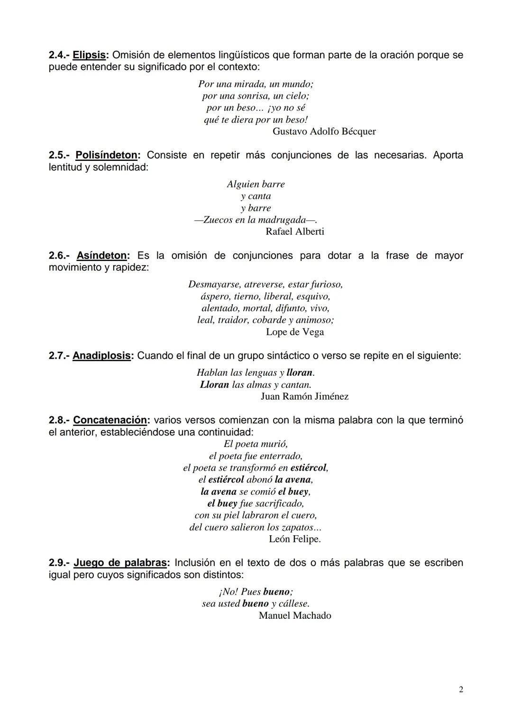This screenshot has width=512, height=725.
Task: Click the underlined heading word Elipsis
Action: (x=89, y=55)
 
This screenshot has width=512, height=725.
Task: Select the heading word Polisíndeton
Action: (x=106, y=155)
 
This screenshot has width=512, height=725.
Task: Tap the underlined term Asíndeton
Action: (x=102, y=256)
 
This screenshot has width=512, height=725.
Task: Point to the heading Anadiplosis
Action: (x=102, y=356)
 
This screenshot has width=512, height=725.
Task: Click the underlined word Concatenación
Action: (x=110, y=420)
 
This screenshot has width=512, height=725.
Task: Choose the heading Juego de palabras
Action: (x=120, y=563)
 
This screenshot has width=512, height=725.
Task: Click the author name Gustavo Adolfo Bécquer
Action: (x=324, y=131)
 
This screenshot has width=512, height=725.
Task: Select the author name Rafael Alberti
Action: (x=295, y=232)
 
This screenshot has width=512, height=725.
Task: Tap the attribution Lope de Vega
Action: (x=295, y=332)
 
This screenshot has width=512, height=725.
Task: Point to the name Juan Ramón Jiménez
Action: (x=304, y=397)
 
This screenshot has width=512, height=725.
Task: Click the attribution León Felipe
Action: (x=294, y=539)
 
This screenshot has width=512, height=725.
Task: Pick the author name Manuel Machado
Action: (x=295, y=616)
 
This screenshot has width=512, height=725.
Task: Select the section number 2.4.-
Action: (x=59, y=55)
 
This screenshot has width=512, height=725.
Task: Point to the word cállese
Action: (x=294, y=604)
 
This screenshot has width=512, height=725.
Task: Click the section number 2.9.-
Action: (x=59, y=563)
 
